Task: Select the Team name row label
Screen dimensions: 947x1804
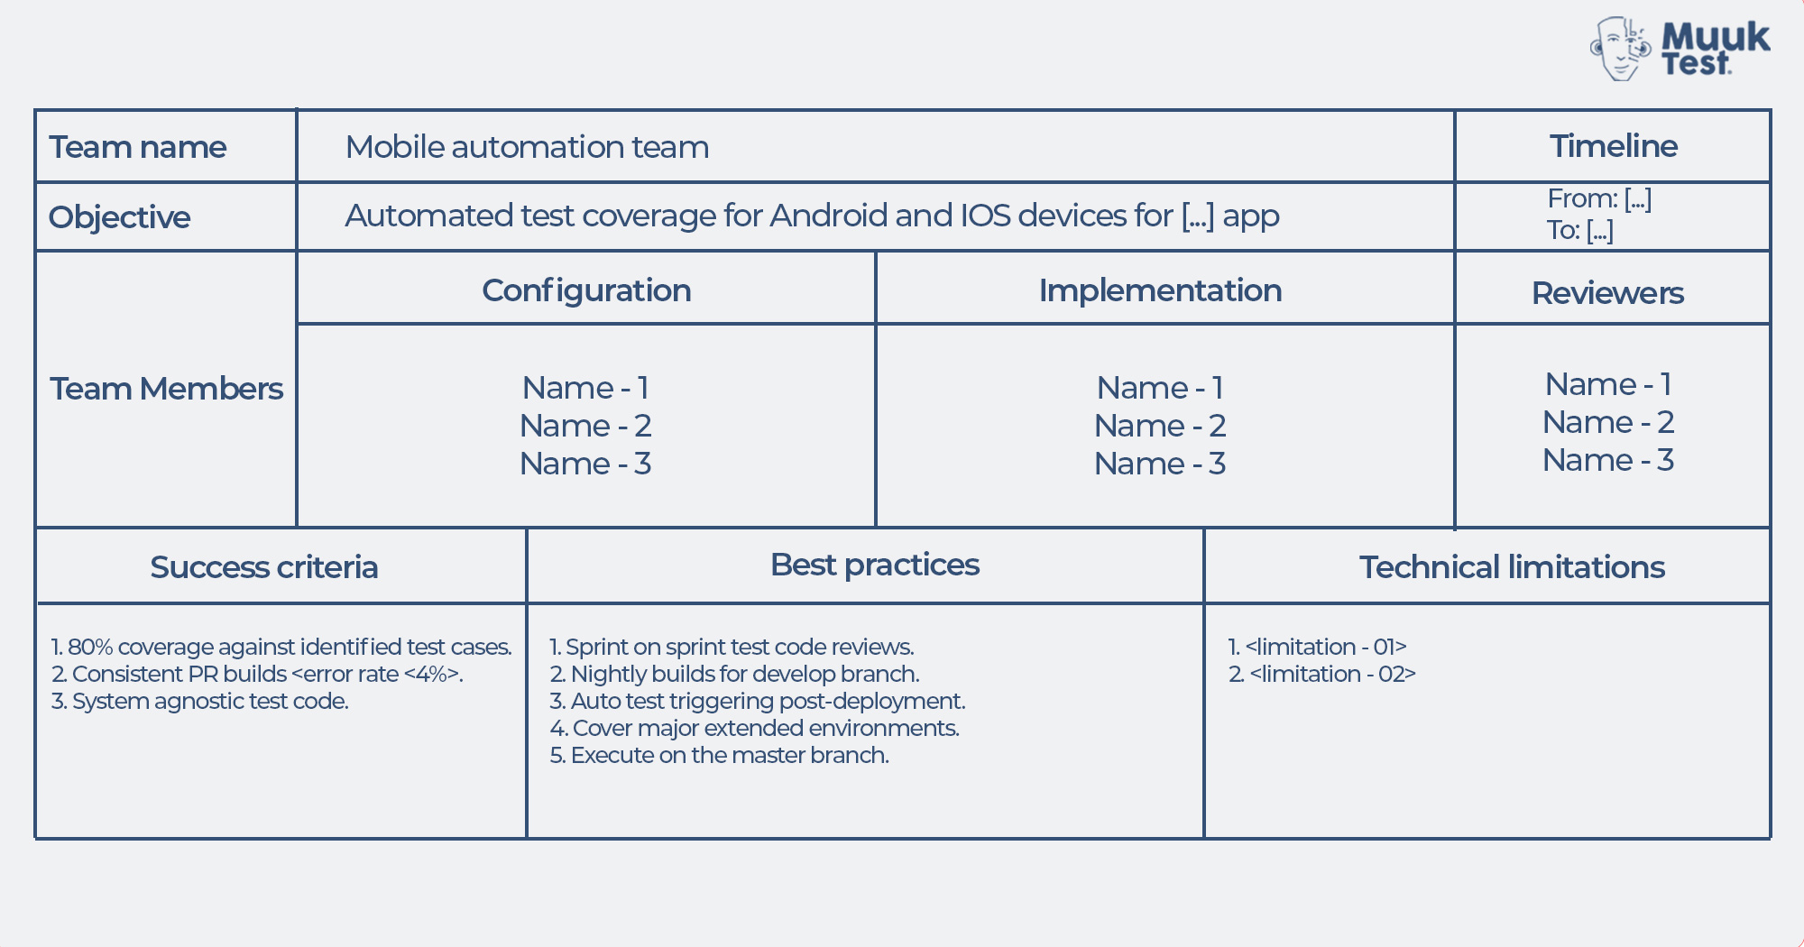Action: click(x=137, y=147)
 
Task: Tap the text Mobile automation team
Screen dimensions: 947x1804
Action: click(x=527, y=147)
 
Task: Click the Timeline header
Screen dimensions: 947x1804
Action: click(x=1613, y=146)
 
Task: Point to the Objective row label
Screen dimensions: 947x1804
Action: click(x=119, y=217)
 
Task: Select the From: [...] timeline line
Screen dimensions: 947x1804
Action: click(x=1598, y=198)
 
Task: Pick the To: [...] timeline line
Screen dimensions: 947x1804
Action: click(x=1579, y=230)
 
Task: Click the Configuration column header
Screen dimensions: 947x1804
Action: click(x=586, y=290)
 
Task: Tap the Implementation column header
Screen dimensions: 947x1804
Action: click(x=1160, y=290)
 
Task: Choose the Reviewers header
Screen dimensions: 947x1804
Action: click(x=1607, y=293)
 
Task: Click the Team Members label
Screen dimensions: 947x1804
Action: click(x=166, y=389)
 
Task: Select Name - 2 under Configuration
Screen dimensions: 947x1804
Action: click(x=585, y=426)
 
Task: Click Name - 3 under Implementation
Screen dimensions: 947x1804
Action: click(x=1160, y=464)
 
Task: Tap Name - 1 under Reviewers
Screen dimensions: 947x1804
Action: click(x=1608, y=384)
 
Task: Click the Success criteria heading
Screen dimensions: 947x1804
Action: click(x=263, y=567)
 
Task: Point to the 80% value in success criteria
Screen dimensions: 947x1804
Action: click(x=89, y=647)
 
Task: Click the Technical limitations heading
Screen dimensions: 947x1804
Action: click(x=1512, y=567)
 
